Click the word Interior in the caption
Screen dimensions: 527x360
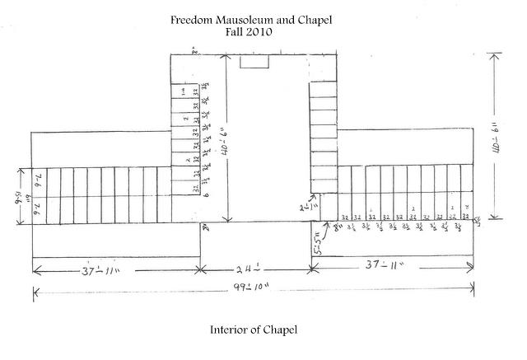tap(230, 330)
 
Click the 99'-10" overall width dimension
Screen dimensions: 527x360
tap(249, 288)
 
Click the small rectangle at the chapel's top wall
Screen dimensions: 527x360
tap(254, 62)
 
